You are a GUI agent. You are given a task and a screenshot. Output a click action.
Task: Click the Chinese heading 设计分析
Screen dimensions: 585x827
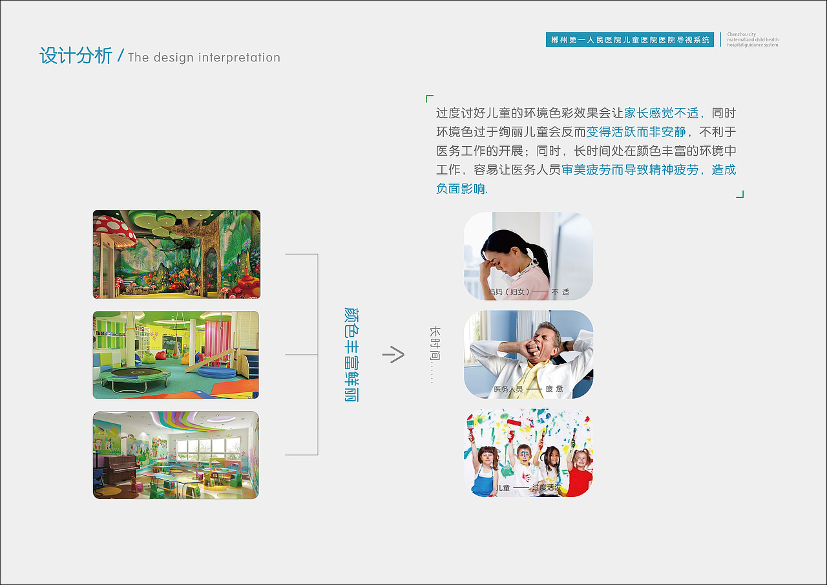pyautogui.click(x=76, y=56)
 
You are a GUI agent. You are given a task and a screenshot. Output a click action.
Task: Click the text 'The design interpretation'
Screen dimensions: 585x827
pyautogui.click(x=204, y=58)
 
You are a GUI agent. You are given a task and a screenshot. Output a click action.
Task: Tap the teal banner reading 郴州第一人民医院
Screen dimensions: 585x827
pyautogui.click(x=629, y=40)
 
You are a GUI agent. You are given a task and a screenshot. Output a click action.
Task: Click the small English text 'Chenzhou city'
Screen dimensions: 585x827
pyautogui.click(x=741, y=35)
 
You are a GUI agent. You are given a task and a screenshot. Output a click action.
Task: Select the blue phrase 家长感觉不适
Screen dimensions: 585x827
pyautogui.click(x=661, y=113)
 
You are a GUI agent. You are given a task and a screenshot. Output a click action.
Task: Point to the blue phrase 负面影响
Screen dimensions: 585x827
pyautogui.click(x=461, y=189)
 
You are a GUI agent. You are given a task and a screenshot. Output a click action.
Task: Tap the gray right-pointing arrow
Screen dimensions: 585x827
pyautogui.click(x=393, y=354)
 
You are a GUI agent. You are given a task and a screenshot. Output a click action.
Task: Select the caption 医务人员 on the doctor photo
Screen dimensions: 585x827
pyautogui.click(x=508, y=389)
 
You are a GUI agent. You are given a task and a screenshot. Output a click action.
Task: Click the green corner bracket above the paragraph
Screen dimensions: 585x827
pyautogui.click(x=430, y=99)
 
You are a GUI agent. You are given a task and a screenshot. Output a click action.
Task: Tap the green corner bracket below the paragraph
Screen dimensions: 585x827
pyautogui.click(x=740, y=194)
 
